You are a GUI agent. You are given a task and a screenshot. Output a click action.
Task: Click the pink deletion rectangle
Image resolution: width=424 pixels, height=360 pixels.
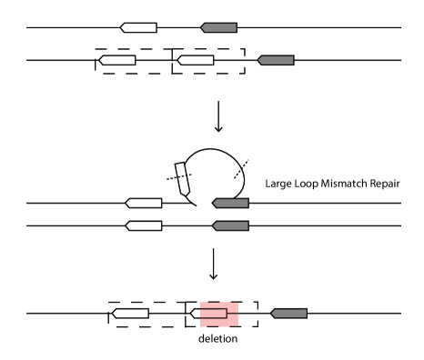coord(219,314)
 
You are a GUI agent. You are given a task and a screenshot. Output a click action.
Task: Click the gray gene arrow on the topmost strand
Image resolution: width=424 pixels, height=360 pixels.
coord(218,27)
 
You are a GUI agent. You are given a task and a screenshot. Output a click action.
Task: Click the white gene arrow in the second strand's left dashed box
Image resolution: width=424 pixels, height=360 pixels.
coord(117,61)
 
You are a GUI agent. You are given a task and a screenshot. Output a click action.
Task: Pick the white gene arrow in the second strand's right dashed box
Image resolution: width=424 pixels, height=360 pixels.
coord(195,61)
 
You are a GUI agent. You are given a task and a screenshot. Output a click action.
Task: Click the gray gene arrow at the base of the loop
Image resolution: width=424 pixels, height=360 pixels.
coord(231,202)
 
